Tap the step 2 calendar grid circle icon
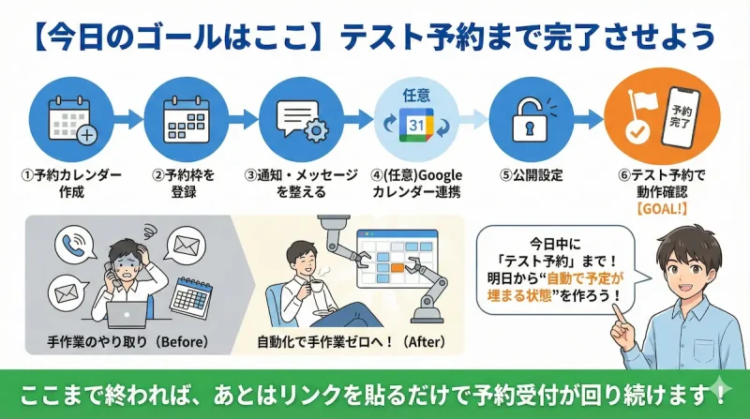[184, 119]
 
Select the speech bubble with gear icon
[299, 119]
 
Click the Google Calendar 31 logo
[415, 125]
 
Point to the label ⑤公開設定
[530, 175]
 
